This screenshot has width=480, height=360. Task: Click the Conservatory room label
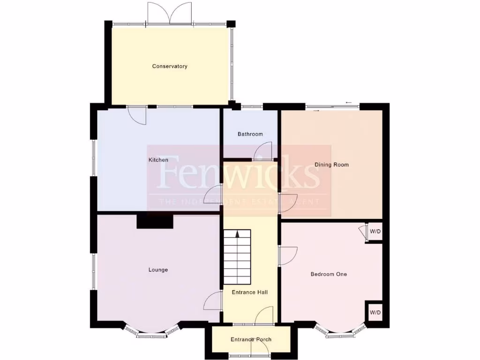coord(170,67)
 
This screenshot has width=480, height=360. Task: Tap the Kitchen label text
coord(158,160)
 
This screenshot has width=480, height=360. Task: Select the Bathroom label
coord(250,134)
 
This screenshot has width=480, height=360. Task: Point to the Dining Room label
coord(331,165)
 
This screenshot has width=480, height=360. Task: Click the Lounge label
coord(158,270)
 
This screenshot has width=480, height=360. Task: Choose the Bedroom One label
coord(329,274)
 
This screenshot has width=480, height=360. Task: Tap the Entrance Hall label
coord(250,292)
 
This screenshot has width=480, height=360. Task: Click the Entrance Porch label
coord(251,340)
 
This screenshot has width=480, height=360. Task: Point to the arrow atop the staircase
coord(237,233)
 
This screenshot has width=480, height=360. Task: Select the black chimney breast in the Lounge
coord(155,221)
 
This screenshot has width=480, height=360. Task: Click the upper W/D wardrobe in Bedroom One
coord(375,232)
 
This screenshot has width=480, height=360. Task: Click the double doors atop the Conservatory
coord(170,13)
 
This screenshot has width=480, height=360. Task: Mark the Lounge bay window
coord(151,331)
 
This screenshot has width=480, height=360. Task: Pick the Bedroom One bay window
coord(340,331)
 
